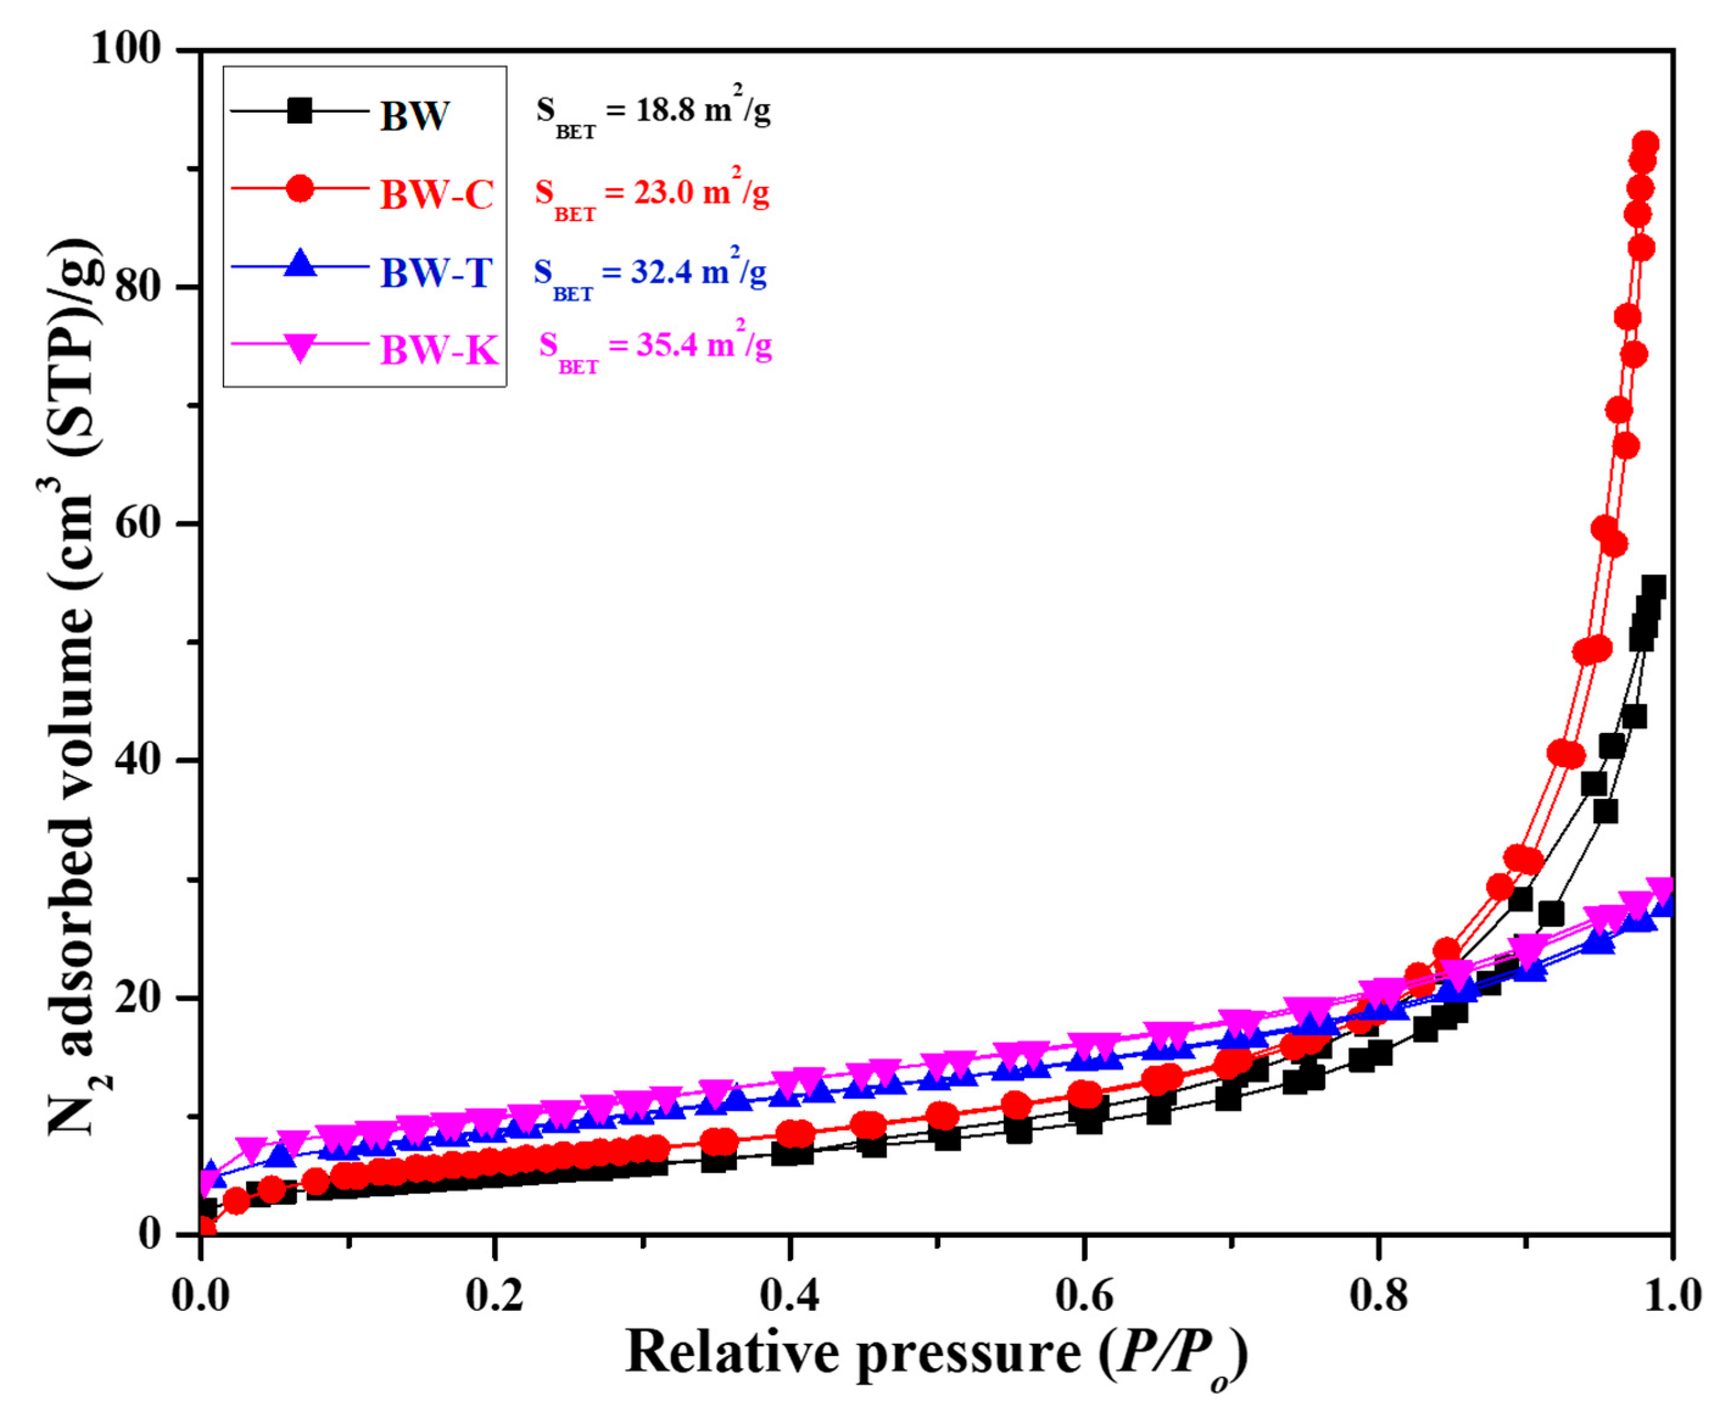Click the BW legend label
414,116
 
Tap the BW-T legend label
436,272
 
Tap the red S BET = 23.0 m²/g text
652,194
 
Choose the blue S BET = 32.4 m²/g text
650,273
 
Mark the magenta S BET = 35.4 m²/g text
655,347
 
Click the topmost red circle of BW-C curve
1647,144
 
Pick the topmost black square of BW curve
1653,588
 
